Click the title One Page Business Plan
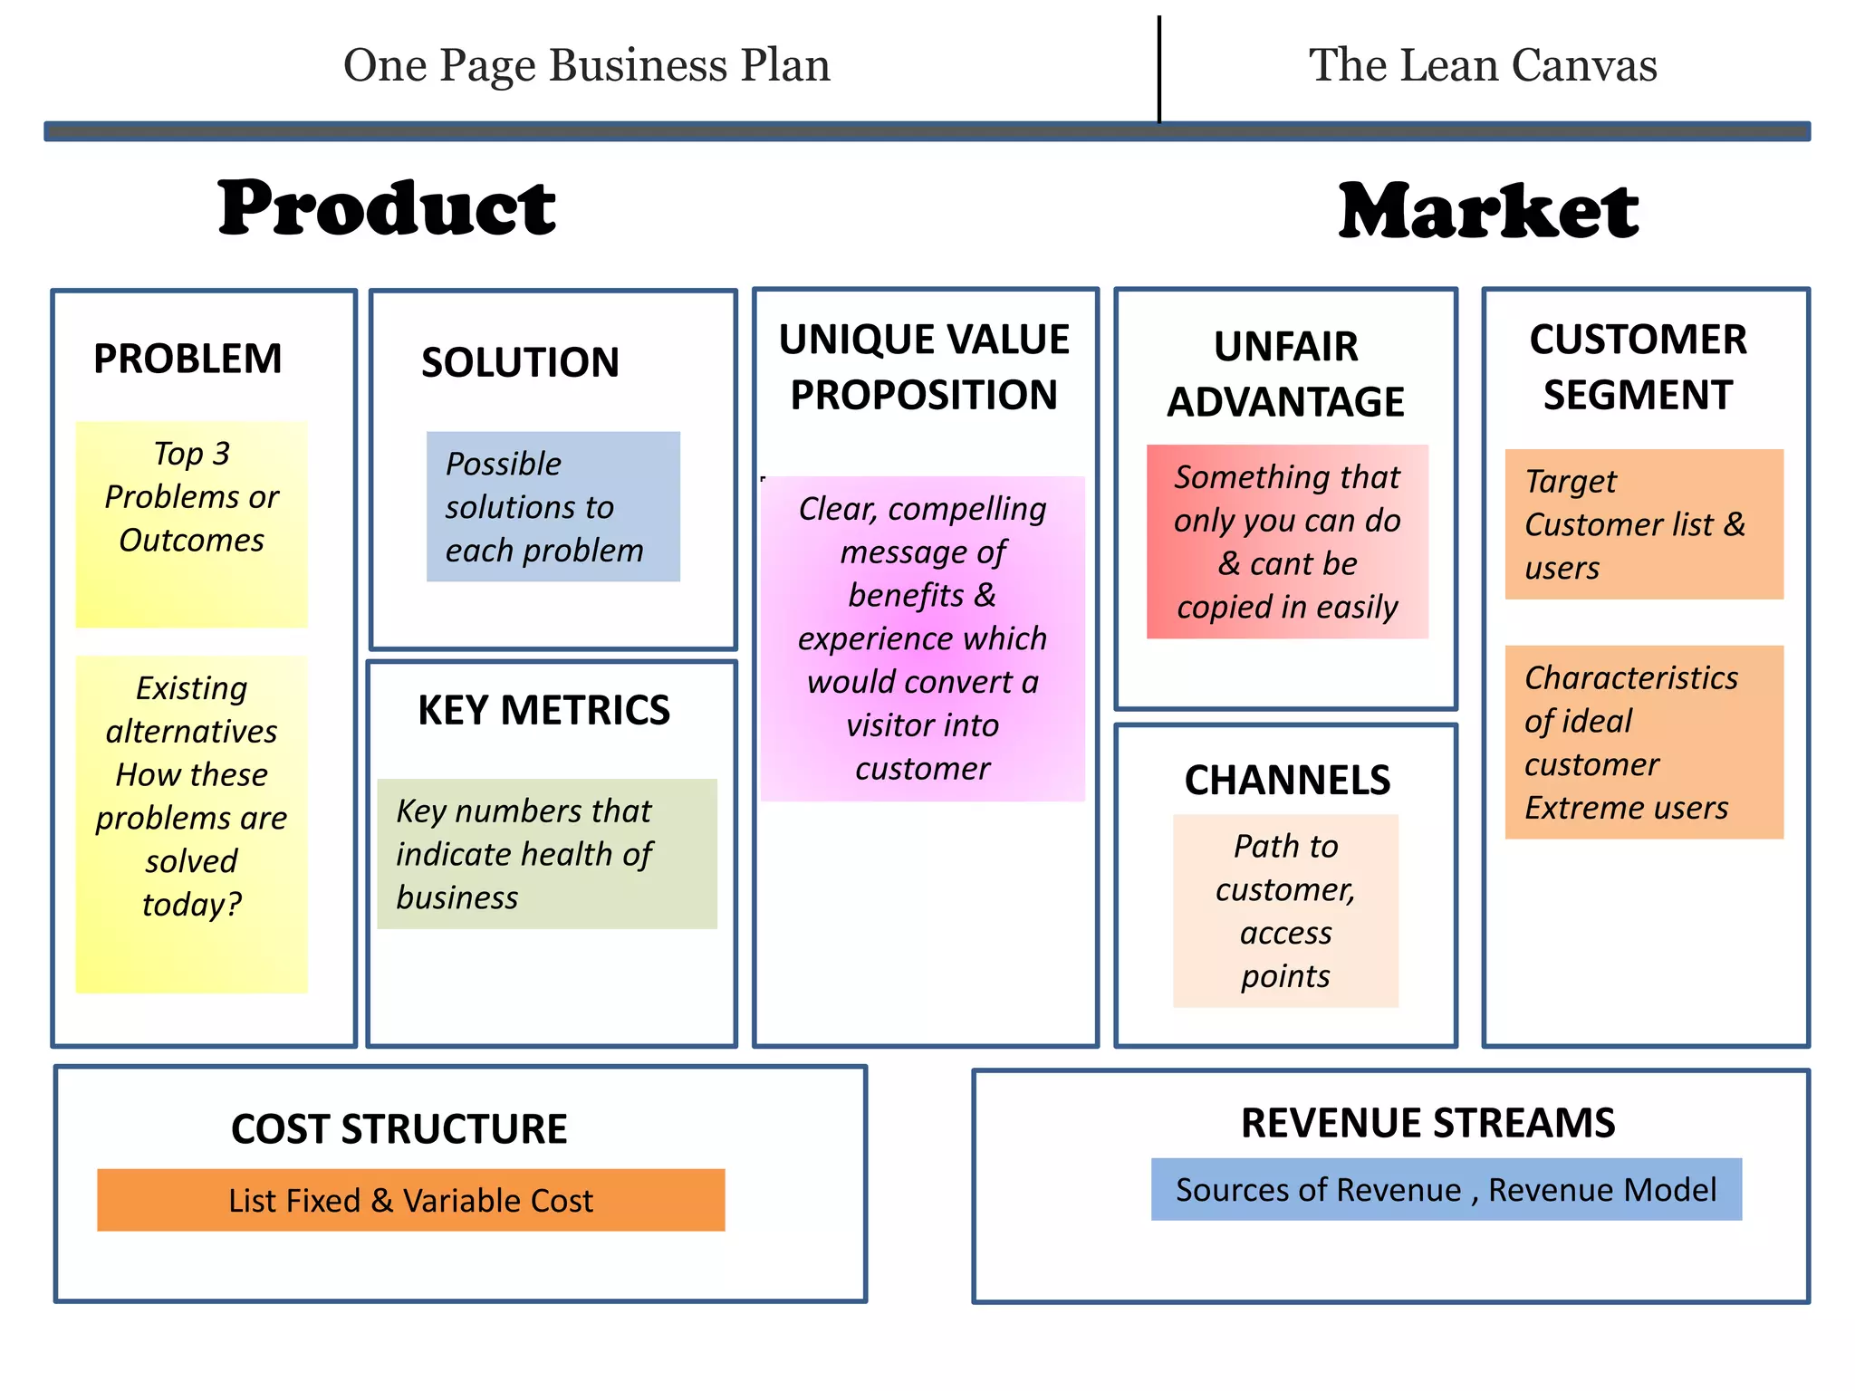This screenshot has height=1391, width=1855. click(x=587, y=65)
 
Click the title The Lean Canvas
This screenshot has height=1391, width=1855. click(x=1483, y=65)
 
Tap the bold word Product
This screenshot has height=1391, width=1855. click(x=387, y=208)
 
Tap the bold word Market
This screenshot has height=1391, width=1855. click(x=1488, y=211)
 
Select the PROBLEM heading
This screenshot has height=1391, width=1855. click(x=187, y=359)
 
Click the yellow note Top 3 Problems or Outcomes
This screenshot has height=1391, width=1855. click(x=191, y=523)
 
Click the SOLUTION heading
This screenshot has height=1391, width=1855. click(x=520, y=362)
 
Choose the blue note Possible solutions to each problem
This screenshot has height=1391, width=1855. click(x=553, y=506)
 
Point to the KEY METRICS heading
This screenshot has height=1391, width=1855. click(x=543, y=710)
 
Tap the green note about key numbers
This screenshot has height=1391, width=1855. click(x=546, y=853)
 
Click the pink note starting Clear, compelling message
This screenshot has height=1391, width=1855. click(x=922, y=638)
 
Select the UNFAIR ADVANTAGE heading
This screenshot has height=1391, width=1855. click(x=1285, y=374)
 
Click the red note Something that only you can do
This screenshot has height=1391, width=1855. click(x=1286, y=542)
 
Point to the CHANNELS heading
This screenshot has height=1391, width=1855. click(x=1287, y=780)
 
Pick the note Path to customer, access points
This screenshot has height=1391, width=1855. click(x=1285, y=910)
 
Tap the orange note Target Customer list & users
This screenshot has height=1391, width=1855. click(x=1643, y=523)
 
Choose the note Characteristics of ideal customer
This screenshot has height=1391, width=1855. click(x=1643, y=742)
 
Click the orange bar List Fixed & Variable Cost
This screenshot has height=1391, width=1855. click(x=410, y=1200)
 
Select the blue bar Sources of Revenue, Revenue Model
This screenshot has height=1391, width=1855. click(x=1446, y=1189)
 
